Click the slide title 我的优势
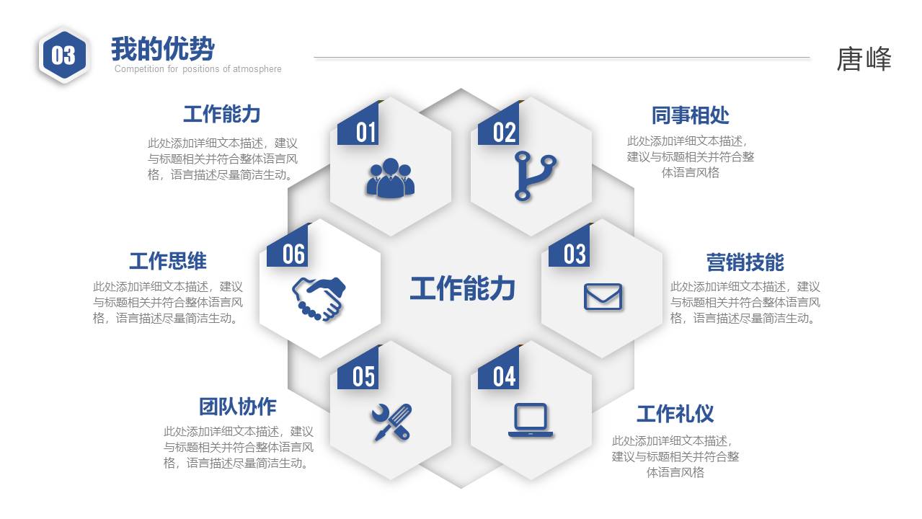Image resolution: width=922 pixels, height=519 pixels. (x=162, y=49)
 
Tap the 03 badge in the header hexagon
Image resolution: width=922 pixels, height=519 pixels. (x=63, y=56)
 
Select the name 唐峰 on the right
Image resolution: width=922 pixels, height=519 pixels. (x=864, y=59)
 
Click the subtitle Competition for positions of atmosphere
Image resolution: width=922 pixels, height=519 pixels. (x=198, y=69)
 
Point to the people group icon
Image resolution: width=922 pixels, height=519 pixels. (x=390, y=178)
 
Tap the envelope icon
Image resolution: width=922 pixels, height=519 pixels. (x=602, y=297)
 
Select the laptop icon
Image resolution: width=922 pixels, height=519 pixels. (x=531, y=420)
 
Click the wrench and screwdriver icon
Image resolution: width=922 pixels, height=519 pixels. (x=391, y=422)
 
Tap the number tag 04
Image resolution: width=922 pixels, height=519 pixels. (x=505, y=376)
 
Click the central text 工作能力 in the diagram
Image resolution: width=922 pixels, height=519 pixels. (x=462, y=288)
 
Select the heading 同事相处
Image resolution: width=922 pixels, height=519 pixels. (x=690, y=115)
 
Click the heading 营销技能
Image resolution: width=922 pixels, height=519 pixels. (x=745, y=262)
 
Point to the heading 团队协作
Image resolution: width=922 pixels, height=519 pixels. (x=237, y=407)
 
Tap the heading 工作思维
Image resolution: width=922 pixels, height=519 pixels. (x=167, y=261)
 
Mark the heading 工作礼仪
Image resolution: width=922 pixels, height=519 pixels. (x=675, y=414)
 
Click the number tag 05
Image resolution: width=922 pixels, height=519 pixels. (x=364, y=376)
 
